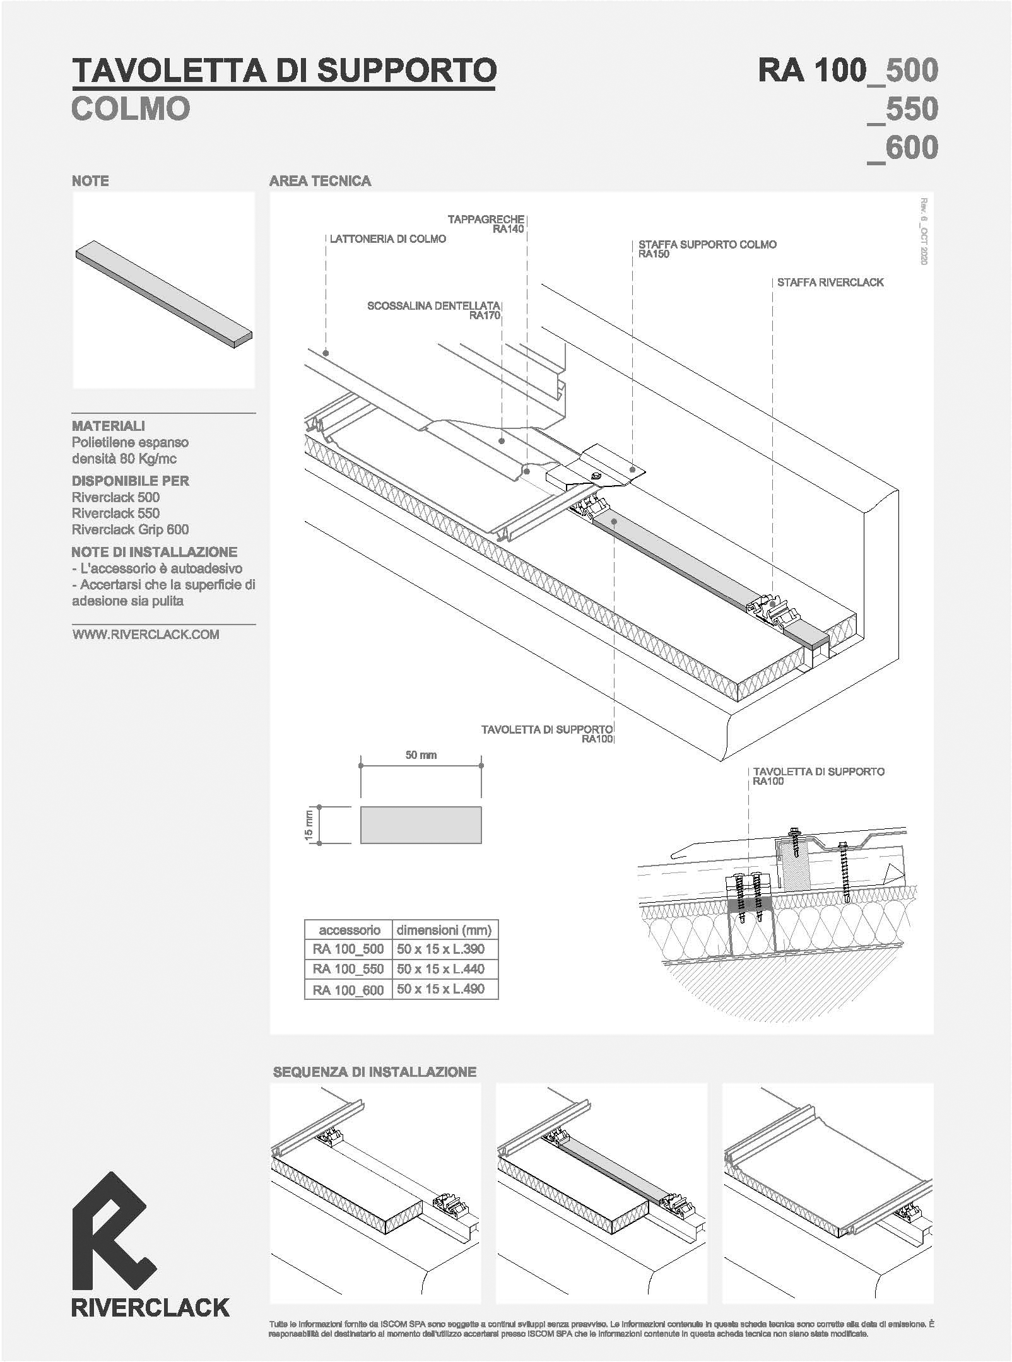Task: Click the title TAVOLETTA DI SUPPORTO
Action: click(x=284, y=70)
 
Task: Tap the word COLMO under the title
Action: click(x=131, y=109)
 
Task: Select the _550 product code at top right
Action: click(x=903, y=109)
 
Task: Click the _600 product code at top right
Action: click(x=903, y=148)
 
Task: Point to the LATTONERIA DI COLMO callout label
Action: click(x=388, y=239)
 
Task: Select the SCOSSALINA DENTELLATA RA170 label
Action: click(x=434, y=310)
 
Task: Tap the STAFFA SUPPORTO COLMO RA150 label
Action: click(x=707, y=249)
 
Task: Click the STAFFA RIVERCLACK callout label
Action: click(x=830, y=283)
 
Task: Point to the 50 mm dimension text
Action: click(x=421, y=755)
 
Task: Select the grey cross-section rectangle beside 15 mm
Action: click(x=421, y=825)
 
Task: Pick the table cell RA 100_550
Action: click(x=348, y=969)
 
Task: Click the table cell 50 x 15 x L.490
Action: click(x=441, y=989)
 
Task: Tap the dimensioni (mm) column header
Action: click(x=444, y=930)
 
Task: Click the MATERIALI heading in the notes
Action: click(x=109, y=426)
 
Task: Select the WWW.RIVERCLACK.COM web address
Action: click(x=146, y=635)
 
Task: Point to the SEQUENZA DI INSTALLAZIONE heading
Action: click(x=374, y=1072)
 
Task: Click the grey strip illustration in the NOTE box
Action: click(x=164, y=295)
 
